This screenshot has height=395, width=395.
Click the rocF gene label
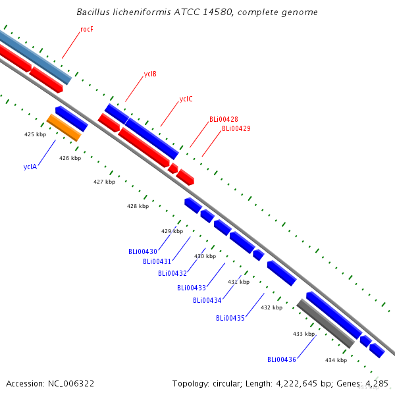pyautogui.click(x=87, y=29)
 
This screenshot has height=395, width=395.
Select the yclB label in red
pyautogui.click(x=150, y=74)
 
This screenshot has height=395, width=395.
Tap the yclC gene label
pyautogui.click(x=186, y=99)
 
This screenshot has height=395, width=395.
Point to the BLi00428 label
pyautogui.click(x=224, y=119)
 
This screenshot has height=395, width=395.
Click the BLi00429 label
pyautogui.click(x=236, y=128)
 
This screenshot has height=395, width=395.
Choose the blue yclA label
pyautogui.click(x=30, y=167)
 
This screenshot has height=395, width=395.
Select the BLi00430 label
pyautogui.click(x=143, y=251)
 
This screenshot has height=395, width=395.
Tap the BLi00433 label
pyautogui.click(x=192, y=288)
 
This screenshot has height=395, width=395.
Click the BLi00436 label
pyautogui.click(x=282, y=359)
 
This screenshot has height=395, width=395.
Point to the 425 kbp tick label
pyautogui.click(x=36, y=134)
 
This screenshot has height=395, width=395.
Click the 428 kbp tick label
pyautogui.click(x=138, y=206)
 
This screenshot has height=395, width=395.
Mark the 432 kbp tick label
pyautogui.click(x=271, y=307)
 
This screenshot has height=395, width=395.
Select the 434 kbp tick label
pyautogui.click(x=336, y=360)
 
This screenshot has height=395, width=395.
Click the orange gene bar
pyautogui.click(x=64, y=128)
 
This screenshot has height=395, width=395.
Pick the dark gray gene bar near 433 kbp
pyautogui.click(x=326, y=324)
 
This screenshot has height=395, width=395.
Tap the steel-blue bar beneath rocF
pyautogui.click(x=36, y=57)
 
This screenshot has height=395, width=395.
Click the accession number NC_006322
pyautogui.click(x=71, y=383)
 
